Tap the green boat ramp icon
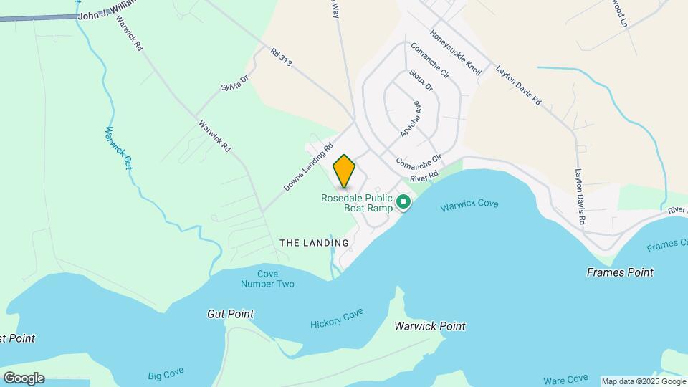[403, 203]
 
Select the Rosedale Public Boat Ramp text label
[357, 203]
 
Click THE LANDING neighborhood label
[314, 243]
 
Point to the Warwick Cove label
[469, 205]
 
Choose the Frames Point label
[620, 272]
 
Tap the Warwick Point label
[430, 326]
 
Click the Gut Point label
[230, 314]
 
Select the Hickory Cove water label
[338, 318]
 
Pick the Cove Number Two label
[267, 279]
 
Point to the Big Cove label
[166, 373]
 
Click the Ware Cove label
[565, 378]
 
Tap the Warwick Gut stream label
[118, 148]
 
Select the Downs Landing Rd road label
[309, 169]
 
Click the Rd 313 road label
[281, 58]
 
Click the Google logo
[24, 378]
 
